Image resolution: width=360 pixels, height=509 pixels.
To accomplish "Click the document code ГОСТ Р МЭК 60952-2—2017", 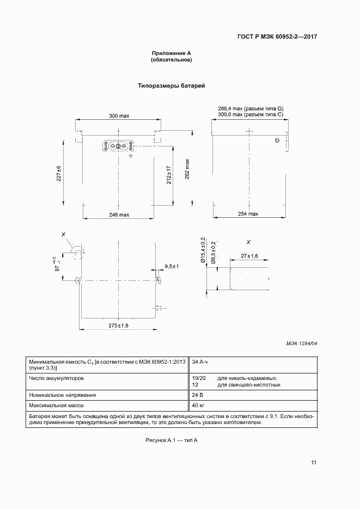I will pos(277,37).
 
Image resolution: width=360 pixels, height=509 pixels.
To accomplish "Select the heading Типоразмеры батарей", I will pos(171,86).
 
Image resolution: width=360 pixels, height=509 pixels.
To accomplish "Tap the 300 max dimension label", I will pos(119,116).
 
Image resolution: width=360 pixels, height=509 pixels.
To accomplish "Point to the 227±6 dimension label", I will pos(59,174).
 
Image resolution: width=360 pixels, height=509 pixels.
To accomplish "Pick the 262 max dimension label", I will pos(187,169).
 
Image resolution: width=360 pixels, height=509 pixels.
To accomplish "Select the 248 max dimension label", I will pos(119,214).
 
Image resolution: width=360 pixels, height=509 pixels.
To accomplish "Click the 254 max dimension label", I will pos(248,214).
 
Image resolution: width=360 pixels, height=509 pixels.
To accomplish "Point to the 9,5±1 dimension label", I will pos(172,266).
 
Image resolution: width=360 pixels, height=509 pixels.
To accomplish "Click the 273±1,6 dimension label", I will pos(118,325).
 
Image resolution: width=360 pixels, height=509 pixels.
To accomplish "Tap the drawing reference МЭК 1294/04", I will pos(301,344).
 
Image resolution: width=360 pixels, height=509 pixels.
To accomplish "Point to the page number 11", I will pos(314,463).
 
